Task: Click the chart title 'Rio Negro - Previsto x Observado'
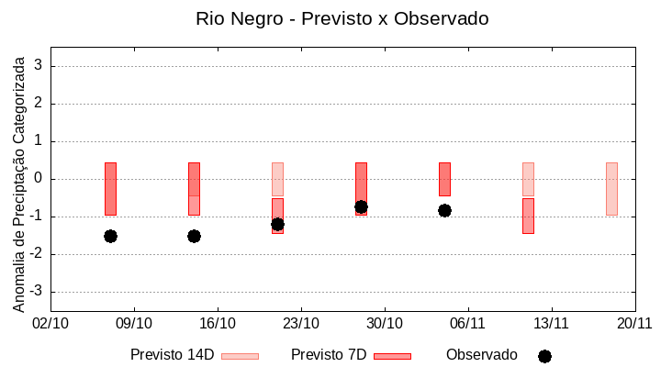tap(342, 18)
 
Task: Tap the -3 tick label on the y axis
tap(37, 292)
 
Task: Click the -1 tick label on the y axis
tap(37, 217)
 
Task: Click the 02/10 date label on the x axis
tap(50, 323)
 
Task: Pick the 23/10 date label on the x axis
tap(301, 323)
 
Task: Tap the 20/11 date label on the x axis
tap(634, 323)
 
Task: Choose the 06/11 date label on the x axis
tap(467, 323)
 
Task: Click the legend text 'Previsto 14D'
tap(172, 355)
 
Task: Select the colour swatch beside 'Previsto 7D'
tap(392, 356)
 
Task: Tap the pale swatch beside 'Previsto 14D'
tap(240, 356)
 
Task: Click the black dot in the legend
tap(544, 356)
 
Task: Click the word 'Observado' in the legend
tap(481, 355)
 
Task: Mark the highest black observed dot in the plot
tap(361, 207)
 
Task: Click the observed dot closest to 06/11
tap(444, 210)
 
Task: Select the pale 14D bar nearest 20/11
tap(611, 189)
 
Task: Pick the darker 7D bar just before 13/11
tap(528, 216)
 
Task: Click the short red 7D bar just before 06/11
tap(444, 179)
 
